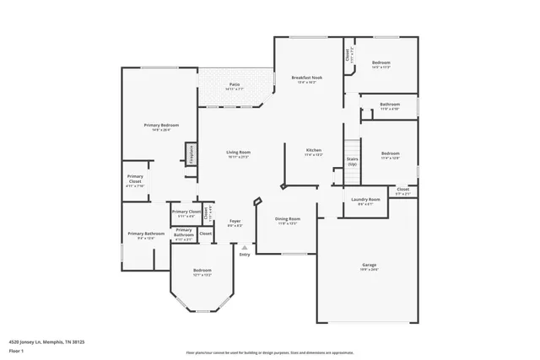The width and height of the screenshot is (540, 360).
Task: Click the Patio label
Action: point(235,84)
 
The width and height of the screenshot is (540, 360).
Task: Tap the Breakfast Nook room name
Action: point(304,78)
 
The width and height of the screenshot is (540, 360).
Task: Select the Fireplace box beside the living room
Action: point(192,154)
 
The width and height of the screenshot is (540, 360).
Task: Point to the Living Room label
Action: point(239,153)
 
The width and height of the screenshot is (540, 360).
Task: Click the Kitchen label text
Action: point(313,150)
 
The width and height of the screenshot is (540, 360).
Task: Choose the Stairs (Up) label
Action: point(352,160)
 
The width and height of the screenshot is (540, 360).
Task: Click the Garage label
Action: point(370,265)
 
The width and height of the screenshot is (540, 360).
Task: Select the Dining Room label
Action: point(288,218)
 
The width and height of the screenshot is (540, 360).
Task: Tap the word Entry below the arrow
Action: point(245,255)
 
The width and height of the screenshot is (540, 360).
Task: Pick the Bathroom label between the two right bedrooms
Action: point(389,105)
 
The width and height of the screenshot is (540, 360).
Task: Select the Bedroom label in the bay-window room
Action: point(202,271)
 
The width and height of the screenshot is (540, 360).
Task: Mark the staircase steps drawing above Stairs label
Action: point(352,144)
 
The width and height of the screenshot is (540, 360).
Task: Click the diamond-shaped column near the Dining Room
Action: point(258,201)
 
